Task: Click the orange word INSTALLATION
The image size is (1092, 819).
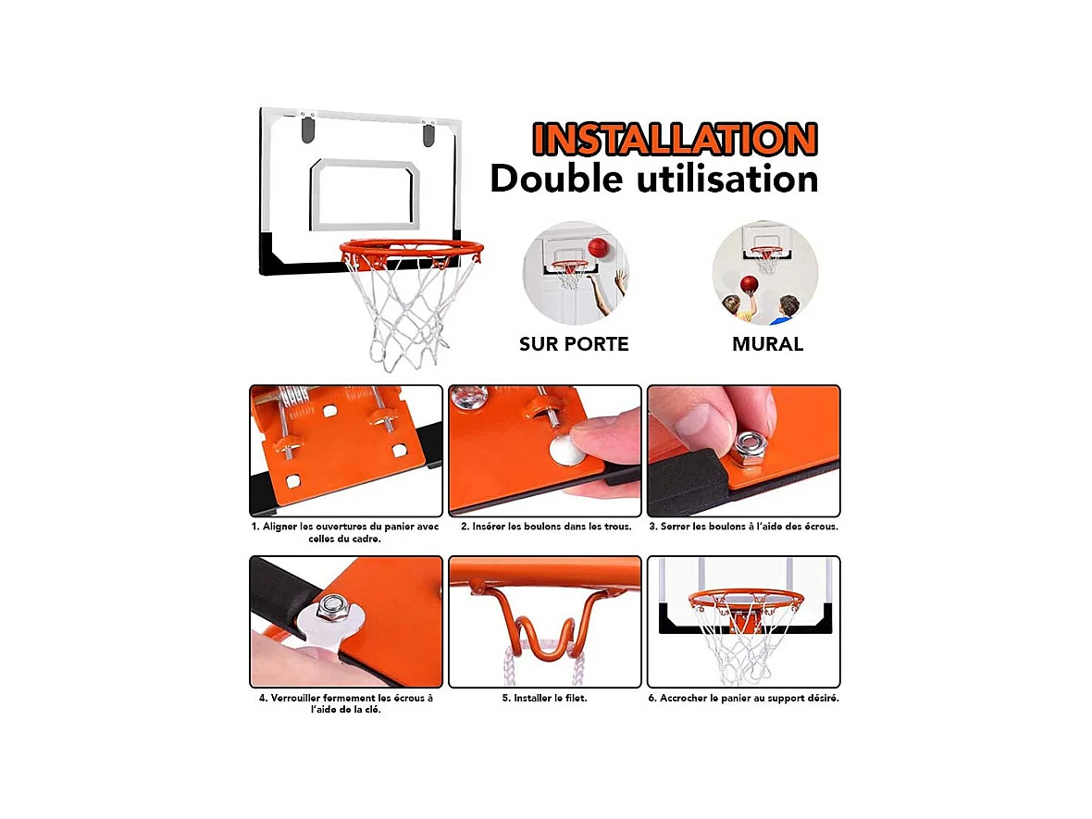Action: pyautogui.click(x=675, y=139)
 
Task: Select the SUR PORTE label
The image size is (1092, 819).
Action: pyautogui.click(x=574, y=344)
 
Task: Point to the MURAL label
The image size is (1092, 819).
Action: pyautogui.click(x=767, y=344)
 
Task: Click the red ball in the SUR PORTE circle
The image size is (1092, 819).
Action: pyautogui.click(x=599, y=247)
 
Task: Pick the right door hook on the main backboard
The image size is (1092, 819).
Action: pyautogui.click(x=428, y=134)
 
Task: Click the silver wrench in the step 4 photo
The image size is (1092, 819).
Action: pyautogui.click(x=324, y=630)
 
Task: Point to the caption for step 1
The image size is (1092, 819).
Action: pyautogui.click(x=345, y=532)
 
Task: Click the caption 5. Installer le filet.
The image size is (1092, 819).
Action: pyautogui.click(x=544, y=698)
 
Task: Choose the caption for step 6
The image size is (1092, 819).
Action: pyautogui.click(x=743, y=698)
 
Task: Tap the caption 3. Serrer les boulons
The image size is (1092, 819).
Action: pyautogui.click(x=743, y=527)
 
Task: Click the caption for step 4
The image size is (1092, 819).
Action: pyautogui.click(x=345, y=703)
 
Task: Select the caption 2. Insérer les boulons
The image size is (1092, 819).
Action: pyautogui.click(x=546, y=527)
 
